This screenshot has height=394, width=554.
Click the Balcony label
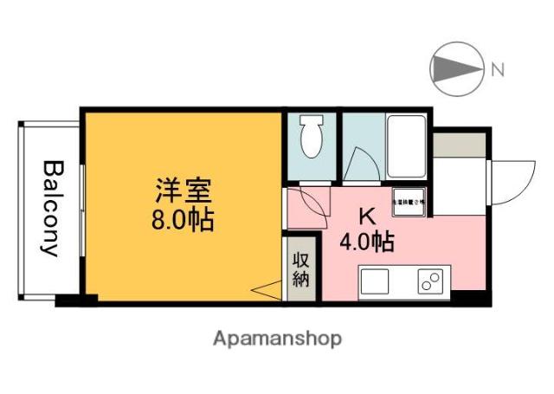click(x=51, y=208)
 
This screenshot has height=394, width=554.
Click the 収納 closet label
click(x=300, y=268)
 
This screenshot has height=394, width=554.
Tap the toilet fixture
click(x=310, y=136)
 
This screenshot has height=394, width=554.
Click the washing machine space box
click(x=408, y=201)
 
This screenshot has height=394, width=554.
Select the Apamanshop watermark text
click(x=277, y=338)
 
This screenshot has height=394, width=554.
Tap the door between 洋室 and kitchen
click(x=307, y=205)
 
